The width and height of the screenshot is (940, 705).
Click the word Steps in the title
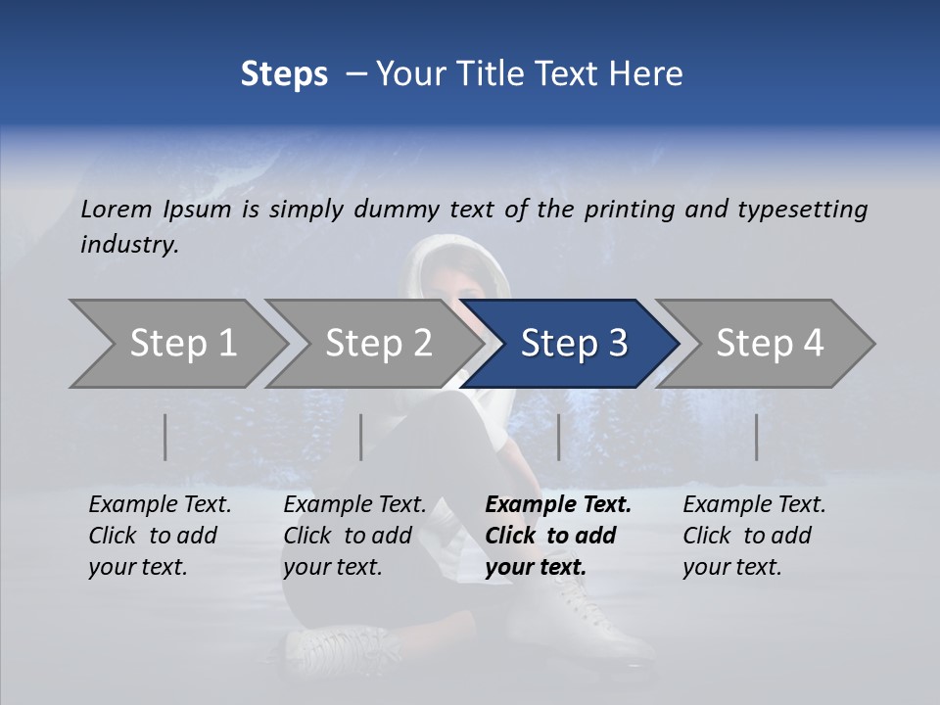284,74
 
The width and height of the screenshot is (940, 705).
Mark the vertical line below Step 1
165,437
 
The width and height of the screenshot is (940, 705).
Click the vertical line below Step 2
361,437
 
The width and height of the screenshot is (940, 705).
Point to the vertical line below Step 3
559,437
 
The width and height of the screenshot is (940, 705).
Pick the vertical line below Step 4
757,437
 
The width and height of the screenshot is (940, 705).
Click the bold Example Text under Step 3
558,505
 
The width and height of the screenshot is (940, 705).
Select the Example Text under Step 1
160,505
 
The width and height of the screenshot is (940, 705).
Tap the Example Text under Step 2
354,505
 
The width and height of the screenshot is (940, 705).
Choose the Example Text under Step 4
754,505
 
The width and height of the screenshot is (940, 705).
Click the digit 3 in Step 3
617,343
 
